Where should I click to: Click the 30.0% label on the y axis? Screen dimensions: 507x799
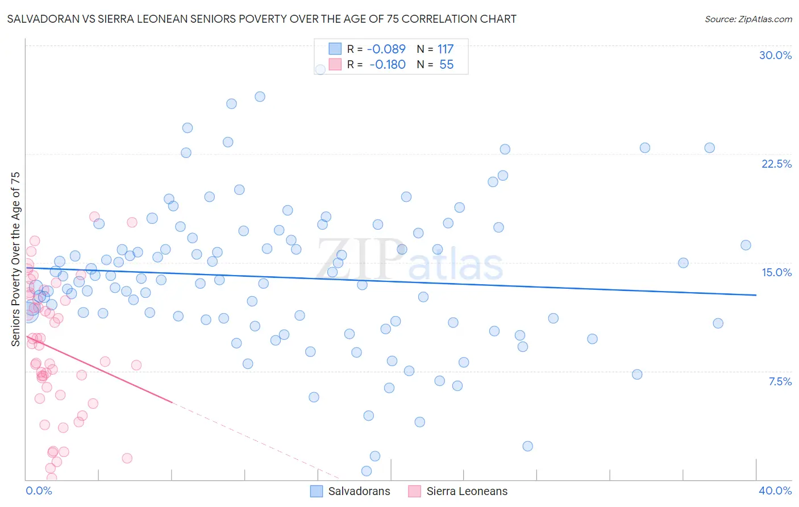click(775, 55)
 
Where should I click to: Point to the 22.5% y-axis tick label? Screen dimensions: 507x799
click(776, 164)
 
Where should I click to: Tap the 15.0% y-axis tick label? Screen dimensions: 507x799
click(776, 272)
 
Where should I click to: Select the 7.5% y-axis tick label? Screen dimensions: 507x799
click(780, 381)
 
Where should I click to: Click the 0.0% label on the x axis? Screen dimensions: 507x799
click(39, 491)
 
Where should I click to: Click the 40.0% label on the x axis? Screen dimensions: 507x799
click(775, 491)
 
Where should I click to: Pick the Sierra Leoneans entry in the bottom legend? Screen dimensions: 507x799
click(458, 491)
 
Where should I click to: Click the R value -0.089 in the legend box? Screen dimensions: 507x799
click(386, 49)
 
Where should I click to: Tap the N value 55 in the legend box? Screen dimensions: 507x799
click(446, 65)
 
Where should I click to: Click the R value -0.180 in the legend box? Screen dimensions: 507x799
click(387, 65)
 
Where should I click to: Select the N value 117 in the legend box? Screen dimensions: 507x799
click(445, 49)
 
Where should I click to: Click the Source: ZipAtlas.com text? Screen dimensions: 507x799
click(748, 19)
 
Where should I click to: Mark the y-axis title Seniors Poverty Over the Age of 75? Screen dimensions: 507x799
click(15, 259)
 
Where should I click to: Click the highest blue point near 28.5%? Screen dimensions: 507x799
click(320, 69)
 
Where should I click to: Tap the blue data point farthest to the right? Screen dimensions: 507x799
click(746, 245)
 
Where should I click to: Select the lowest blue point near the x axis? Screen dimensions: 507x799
click(367, 471)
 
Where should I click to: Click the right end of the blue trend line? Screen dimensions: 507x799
click(756, 295)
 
